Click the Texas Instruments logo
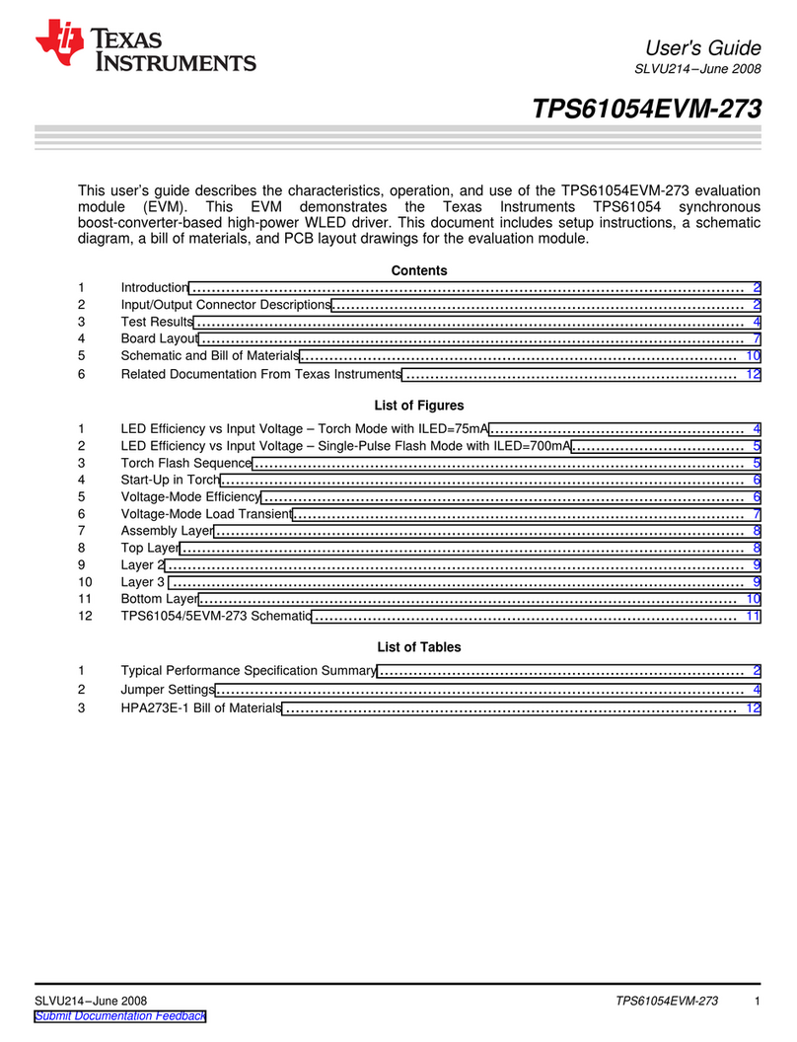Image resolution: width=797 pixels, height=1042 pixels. click(x=145, y=48)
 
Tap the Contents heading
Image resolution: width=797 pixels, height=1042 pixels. click(x=419, y=270)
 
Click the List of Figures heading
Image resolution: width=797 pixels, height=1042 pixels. click(x=419, y=406)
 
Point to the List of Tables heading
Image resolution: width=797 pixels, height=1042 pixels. click(x=419, y=647)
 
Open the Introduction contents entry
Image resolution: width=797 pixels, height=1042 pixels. click(x=154, y=287)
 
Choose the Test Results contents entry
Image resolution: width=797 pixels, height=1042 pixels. click(x=157, y=322)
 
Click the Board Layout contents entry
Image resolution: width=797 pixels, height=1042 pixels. click(x=160, y=339)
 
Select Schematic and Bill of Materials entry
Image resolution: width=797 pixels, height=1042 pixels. click(x=209, y=355)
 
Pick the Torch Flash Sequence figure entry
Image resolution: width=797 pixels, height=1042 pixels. click(x=185, y=463)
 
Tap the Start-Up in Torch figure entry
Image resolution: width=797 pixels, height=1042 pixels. click(x=170, y=480)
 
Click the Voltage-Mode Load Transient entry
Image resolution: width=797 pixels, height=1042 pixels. click(x=206, y=514)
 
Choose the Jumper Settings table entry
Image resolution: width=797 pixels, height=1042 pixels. click(x=167, y=689)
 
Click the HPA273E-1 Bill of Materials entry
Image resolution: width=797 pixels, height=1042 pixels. click(x=200, y=708)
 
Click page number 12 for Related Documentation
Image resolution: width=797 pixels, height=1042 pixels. click(x=753, y=375)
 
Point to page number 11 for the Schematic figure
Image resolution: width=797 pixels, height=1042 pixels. click(x=753, y=617)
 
